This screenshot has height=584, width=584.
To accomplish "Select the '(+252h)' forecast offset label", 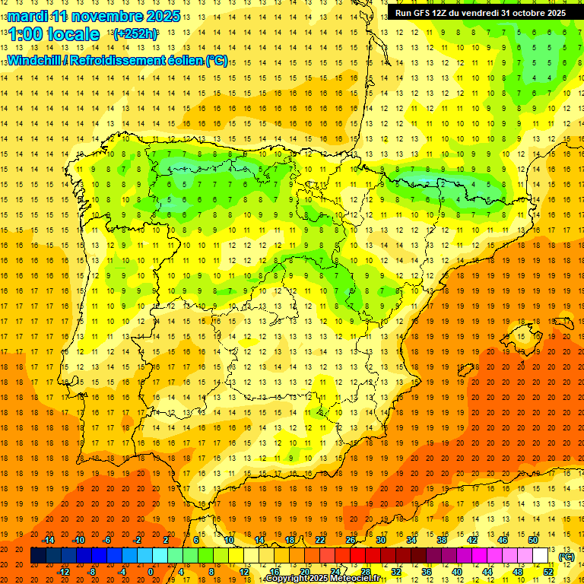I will click(x=136, y=34).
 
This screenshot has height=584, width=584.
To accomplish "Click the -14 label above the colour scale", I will click(x=49, y=540).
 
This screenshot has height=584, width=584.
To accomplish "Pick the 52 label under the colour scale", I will click(x=547, y=571).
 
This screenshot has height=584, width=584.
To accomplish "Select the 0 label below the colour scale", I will click(x=151, y=571).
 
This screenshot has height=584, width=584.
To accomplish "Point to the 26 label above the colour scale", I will click(x=351, y=540).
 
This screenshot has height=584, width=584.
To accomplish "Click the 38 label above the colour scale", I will click(x=441, y=540).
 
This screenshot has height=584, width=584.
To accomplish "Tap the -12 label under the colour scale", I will click(x=64, y=571).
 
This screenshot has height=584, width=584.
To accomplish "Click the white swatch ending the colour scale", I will click(x=540, y=556).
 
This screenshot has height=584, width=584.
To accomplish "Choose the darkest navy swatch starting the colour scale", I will click(x=38, y=556).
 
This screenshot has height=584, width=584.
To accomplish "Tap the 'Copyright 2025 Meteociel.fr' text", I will click(x=323, y=579).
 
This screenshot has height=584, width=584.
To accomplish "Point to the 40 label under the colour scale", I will click(x=457, y=571).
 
